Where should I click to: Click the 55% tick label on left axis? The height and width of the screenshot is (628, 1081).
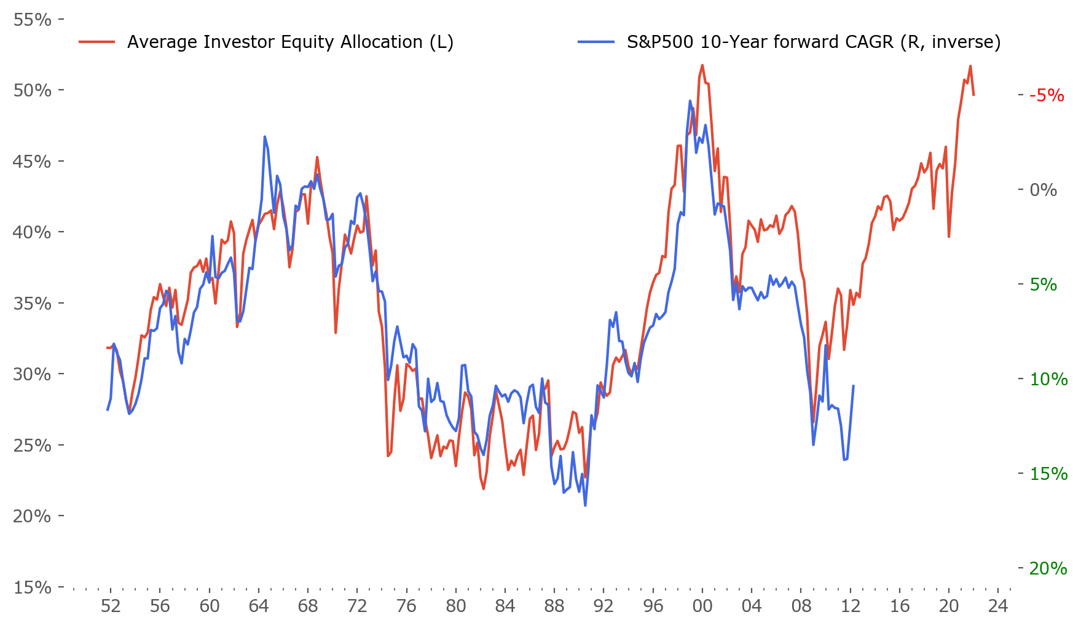pyautogui.click(x=32, y=20)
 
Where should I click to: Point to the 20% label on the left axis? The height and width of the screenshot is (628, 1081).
pyautogui.click(x=32, y=516)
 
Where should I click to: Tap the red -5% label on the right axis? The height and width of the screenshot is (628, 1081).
pyautogui.click(x=1047, y=95)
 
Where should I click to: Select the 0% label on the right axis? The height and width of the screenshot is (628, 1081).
pyautogui.click(x=1044, y=190)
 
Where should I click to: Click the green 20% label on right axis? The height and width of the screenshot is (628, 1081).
pyautogui.click(x=1048, y=568)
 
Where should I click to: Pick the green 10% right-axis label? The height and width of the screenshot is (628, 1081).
pyautogui.click(x=1048, y=379)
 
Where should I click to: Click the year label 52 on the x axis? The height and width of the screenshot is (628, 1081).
pyautogui.click(x=111, y=606)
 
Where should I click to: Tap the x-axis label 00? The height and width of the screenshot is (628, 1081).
pyautogui.click(x=702, y=606)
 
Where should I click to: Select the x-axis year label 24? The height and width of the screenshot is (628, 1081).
pyautogui.click(x=998, y=606)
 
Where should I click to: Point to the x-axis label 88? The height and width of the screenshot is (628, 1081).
pyautogui.click(x=554, y=606)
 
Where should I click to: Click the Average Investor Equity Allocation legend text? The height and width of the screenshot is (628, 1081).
pyautogui.click(x=290, y=42)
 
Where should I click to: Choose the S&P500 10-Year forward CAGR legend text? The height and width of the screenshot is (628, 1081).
pyautogui.click(x=814, y=42)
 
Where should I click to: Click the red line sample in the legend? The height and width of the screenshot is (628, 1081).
pyautogui.click(x=97, y=42)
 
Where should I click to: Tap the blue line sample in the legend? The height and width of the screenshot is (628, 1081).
pyautogui.click(x=596, y=42)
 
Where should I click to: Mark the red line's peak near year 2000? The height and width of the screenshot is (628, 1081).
pyautogui.click(x=702, y=65)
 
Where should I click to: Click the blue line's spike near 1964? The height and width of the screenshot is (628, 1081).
pyautogui.click(x=265, y=136)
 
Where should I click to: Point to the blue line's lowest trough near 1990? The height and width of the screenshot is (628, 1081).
pyautogui.click(x=585, y=506)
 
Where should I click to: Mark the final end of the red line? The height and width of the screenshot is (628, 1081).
pyautogui.click(x=973, y=95)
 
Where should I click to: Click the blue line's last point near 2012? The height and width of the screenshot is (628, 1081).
pyautogui.click(x=854, y=385)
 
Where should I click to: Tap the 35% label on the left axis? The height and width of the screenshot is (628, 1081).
pyautogui.click(x=32, y=304)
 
